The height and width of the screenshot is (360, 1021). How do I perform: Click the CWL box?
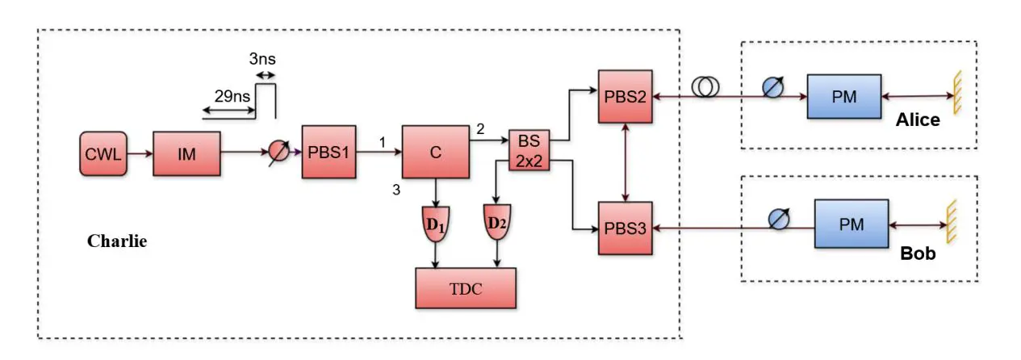point(103,152)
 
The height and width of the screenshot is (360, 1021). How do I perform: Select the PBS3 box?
point(625,229)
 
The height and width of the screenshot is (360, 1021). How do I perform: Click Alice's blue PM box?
point(844,97)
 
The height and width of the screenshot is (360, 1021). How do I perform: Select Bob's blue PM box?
point(852,224)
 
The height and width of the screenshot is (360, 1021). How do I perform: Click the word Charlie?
point(117,241)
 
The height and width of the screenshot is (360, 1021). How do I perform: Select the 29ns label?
point(230,94)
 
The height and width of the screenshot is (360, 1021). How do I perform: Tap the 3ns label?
point(262,59)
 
